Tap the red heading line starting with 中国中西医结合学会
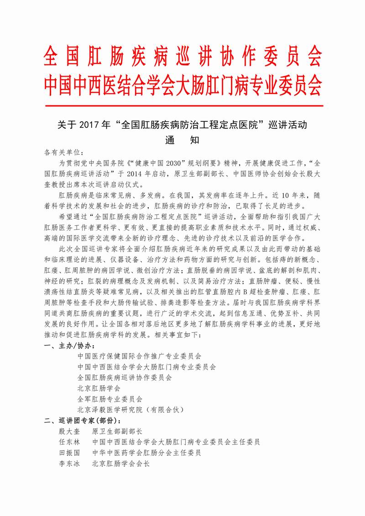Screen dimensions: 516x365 pyautogui.click(x=182, y=85)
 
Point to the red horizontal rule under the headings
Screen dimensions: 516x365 pyautogui.click(x=182, y=106)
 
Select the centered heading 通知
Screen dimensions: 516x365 pyautogui.click(x=182, y=140)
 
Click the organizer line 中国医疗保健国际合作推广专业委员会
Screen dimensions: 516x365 pyautogui.click(x=139, y=355)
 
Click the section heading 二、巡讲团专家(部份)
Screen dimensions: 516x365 pyautogui.click(x=82, y=420)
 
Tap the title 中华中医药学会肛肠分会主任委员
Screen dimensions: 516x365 pyautogui.click(x=146, y=453)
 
